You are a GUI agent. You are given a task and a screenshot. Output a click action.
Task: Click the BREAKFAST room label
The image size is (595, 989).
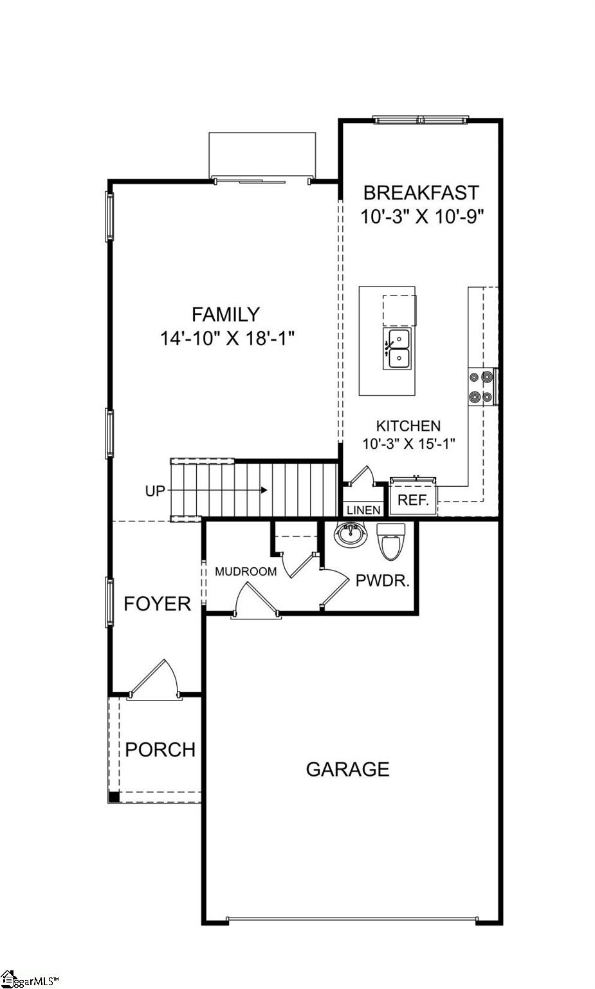421,193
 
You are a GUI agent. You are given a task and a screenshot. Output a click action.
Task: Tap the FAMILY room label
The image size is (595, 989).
226,314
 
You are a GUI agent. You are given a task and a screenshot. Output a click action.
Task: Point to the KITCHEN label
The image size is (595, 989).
408,426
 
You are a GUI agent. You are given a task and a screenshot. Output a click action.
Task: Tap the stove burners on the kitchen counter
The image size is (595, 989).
481,387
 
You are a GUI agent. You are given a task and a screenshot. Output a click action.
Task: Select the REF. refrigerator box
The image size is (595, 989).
413,500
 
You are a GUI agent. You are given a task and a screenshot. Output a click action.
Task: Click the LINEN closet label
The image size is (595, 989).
363,510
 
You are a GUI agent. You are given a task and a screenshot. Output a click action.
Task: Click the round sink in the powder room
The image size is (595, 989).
351,534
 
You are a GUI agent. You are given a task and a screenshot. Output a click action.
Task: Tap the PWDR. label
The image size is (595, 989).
383,581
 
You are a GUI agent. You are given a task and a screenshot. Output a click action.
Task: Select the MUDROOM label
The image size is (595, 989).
246,571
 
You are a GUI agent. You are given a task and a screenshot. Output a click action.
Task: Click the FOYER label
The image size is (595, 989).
157,603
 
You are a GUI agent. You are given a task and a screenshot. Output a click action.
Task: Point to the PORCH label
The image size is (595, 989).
160,749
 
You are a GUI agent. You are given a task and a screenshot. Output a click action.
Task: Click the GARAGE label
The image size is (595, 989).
347,769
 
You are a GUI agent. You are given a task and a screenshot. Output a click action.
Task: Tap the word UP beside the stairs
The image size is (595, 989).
155,491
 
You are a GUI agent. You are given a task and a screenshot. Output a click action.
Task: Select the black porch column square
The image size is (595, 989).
114,796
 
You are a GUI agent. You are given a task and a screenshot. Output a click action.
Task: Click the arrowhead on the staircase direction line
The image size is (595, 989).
264,490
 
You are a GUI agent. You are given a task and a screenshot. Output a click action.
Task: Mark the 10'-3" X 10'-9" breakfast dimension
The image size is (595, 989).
421,216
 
